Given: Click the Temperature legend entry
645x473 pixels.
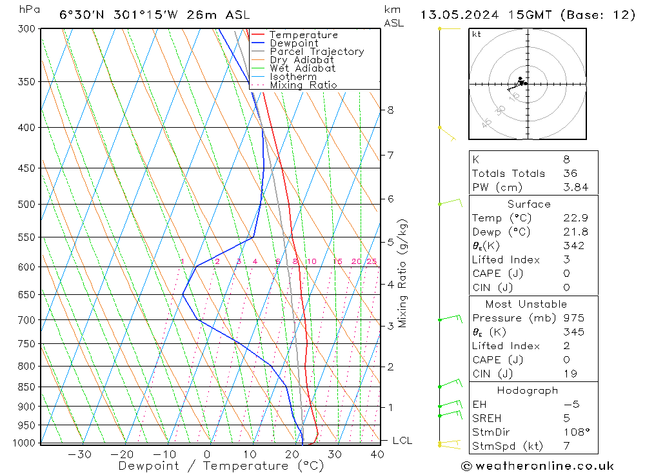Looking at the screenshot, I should point(303,35).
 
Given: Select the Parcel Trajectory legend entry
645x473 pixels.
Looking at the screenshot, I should point(317,52).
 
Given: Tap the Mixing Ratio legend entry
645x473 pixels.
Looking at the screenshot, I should point(303,85).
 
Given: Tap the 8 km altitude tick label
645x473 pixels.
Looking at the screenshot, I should point(390,110).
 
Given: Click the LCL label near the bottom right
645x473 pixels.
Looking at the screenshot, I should point(402,441).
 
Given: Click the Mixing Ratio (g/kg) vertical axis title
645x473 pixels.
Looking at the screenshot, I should point(403,273).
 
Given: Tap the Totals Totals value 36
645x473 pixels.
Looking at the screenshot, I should point(570,174).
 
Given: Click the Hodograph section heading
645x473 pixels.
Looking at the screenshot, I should point(528,390).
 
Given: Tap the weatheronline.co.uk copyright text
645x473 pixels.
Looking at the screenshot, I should point(537,466).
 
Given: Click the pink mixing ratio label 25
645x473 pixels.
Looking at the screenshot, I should point(372,261).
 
